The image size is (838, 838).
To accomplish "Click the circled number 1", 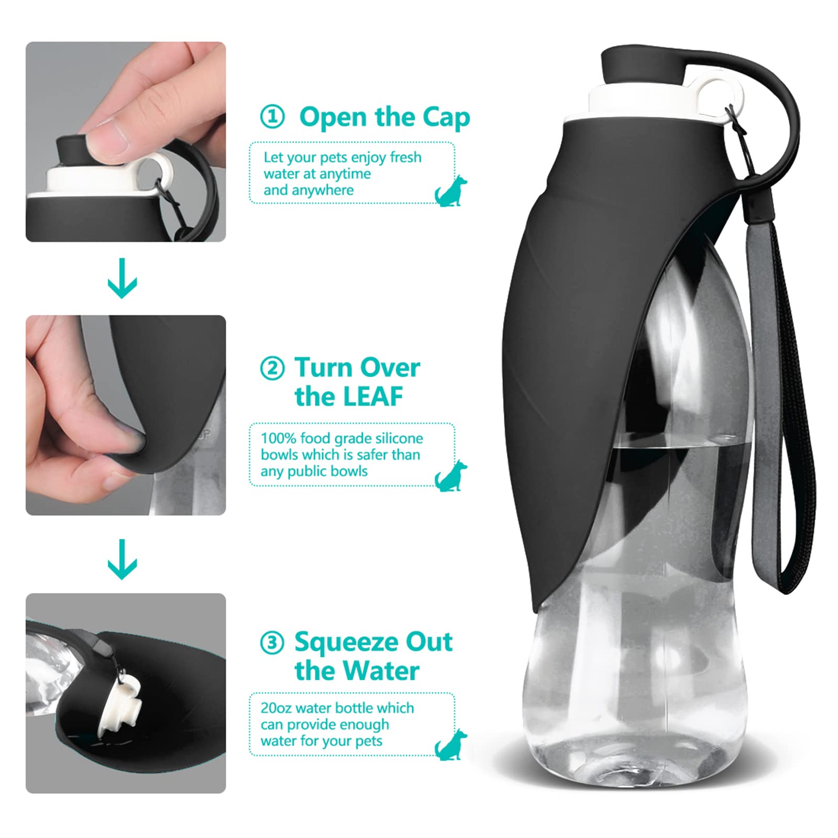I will tap(272, 117).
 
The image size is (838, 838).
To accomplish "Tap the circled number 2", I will tap(272, 368).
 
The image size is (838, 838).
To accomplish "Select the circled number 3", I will tap(272, 642).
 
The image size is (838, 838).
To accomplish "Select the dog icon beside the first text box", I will tap(450, 192).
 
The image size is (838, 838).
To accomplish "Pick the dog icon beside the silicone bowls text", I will tap(450, 476).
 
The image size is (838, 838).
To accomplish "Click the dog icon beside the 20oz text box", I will tap(450, 745).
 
